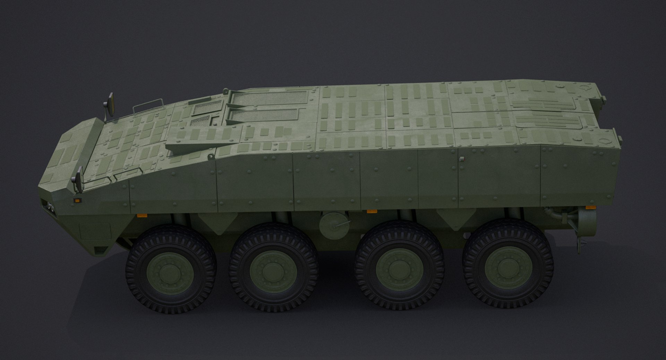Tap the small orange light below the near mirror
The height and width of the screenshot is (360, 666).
(x=77, y=200)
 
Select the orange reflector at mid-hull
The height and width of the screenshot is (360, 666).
(x=372, y=211)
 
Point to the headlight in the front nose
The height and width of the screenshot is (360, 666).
(x=49, y=207)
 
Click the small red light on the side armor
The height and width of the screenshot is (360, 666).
(x=461, y=159)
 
